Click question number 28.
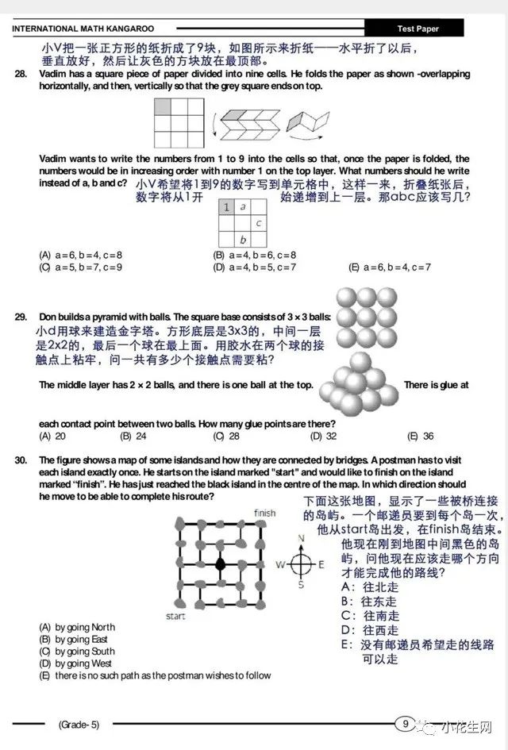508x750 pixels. point(20,74)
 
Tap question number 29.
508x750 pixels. point(21,317)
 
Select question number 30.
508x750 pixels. point(21,460)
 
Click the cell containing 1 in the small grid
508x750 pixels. point(226,207)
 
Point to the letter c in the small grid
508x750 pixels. point(260,223)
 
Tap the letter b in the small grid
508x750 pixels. point(243,240)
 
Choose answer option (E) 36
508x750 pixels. point(420,436)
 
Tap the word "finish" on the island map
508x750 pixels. point(264,513)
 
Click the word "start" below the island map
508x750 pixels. point(175,615)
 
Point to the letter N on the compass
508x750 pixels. point(300,538)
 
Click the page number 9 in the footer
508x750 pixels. point(405,723)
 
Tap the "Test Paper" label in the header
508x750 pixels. point(418,29)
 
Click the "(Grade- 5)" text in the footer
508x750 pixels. point(79,724)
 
